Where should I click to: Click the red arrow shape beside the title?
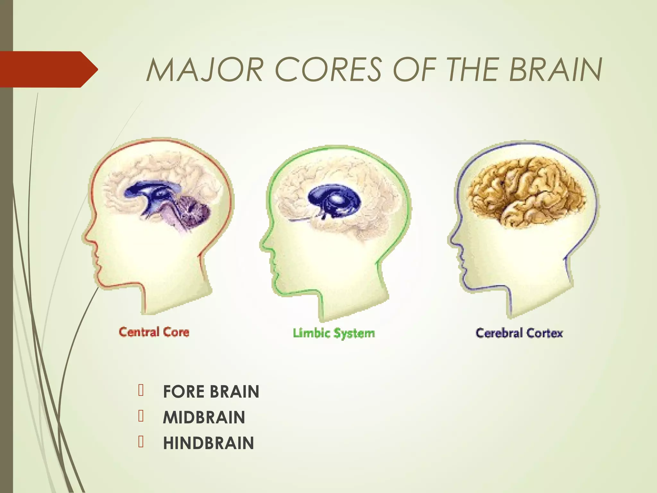48,69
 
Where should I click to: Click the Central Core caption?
154,332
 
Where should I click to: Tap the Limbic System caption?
334,333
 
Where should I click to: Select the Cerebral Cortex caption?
519,333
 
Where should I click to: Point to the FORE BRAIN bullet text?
211,392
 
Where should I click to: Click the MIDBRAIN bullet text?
204,417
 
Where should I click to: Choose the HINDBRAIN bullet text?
208,443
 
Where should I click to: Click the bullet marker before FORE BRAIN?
141,390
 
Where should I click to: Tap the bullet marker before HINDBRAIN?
141,442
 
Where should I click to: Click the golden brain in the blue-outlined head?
526,193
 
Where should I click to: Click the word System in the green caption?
354,334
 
